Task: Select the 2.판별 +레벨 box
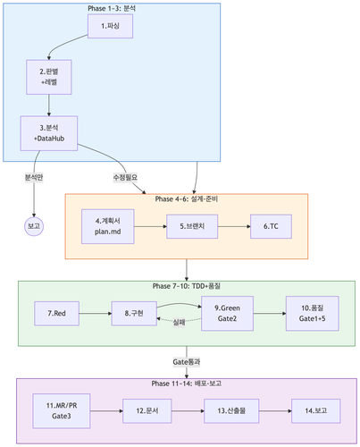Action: pos(49,77)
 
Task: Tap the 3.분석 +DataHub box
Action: pos(49,133)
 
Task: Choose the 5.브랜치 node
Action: pos(193,227)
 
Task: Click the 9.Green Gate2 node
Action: pos(227,314)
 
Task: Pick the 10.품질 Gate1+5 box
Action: pos(312,314)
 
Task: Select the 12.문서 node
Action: pos(147,411)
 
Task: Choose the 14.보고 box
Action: pos(310,411)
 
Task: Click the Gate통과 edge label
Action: pos(186,361)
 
